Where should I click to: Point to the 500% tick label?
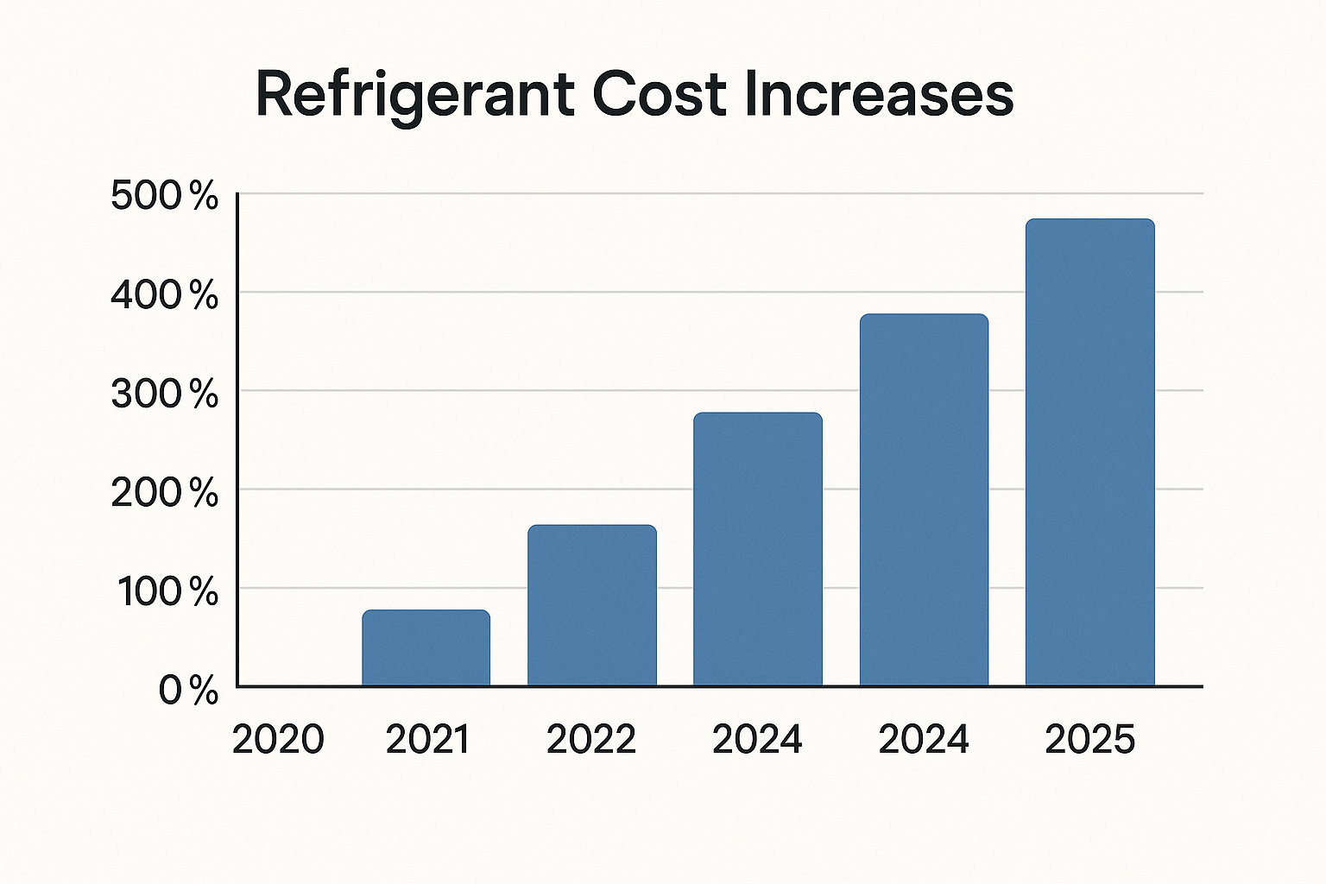tap(165, 197)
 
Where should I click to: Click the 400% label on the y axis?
tap(165, 296)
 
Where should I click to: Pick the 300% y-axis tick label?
tap(165, 395)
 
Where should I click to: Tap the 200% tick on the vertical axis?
tap(165, 493)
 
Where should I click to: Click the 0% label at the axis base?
tap(188, 691)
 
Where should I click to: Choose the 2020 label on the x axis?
tap(278, 740)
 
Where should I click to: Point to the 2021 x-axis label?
tap(427, 740)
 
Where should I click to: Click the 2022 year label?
tap(591, 740)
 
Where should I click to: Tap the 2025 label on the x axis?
tap(1089, 740)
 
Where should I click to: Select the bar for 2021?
tap(426, 648)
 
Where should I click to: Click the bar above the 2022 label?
tap(592, 605)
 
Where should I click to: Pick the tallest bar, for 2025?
tap(1089, 452)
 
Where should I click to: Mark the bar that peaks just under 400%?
tap(924, 500)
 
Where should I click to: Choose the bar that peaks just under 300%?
tap(758, 549)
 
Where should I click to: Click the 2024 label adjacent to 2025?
tap(924, 740)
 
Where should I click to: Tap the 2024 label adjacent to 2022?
tap(757, 740)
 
